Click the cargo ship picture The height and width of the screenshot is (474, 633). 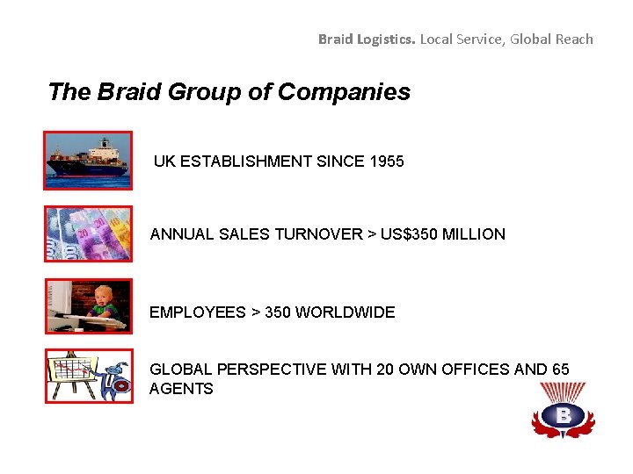point(87,161)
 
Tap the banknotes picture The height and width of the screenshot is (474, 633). point(87,233)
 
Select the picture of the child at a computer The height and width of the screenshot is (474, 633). point(87,306)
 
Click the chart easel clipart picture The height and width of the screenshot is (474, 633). point(87,376)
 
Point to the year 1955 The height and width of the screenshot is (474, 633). point(387,162)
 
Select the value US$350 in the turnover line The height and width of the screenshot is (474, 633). point(412,234)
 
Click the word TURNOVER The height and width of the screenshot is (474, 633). point(319,234)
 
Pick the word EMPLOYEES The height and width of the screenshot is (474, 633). point(198,312)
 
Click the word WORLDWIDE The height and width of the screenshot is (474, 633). point(345,312)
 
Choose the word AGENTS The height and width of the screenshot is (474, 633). point(181,389)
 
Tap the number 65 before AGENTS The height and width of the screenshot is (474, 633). point(560,370)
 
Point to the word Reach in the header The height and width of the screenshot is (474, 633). point(575,39)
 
